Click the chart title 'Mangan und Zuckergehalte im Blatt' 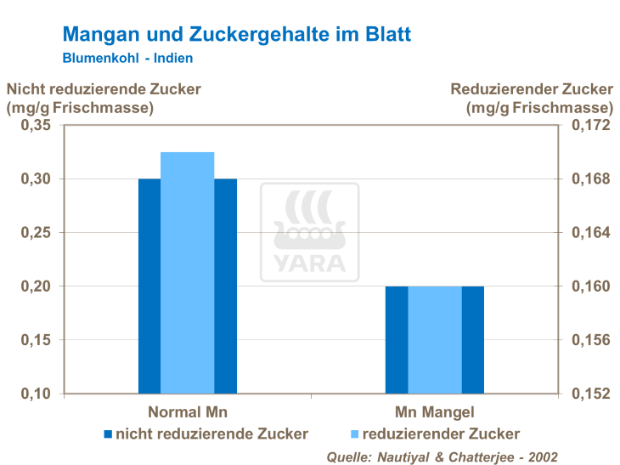click(x=237, y=35)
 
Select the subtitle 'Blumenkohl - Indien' click(x=127, y=59)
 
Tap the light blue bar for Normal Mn click(x=187, y=272)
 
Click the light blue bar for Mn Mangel click(x=435, y=340)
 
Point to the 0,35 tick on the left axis click(x=36, y=126)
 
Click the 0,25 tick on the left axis click(x=36, y=233)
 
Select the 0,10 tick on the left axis click(x=36, y=394)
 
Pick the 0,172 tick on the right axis click(x=589, y=126)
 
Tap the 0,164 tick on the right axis click(x=589, y=233)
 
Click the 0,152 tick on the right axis click(x=589, y=394)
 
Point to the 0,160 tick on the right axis click(x=589, y=286)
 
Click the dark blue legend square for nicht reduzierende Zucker click(x=108, y=434)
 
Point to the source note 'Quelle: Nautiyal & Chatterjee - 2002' click(x=442, y=456)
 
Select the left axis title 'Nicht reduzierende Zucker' click(x=104, y=88)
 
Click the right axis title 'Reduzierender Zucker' click(x=531, y=88)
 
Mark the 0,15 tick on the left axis click(x=36, y=340)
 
